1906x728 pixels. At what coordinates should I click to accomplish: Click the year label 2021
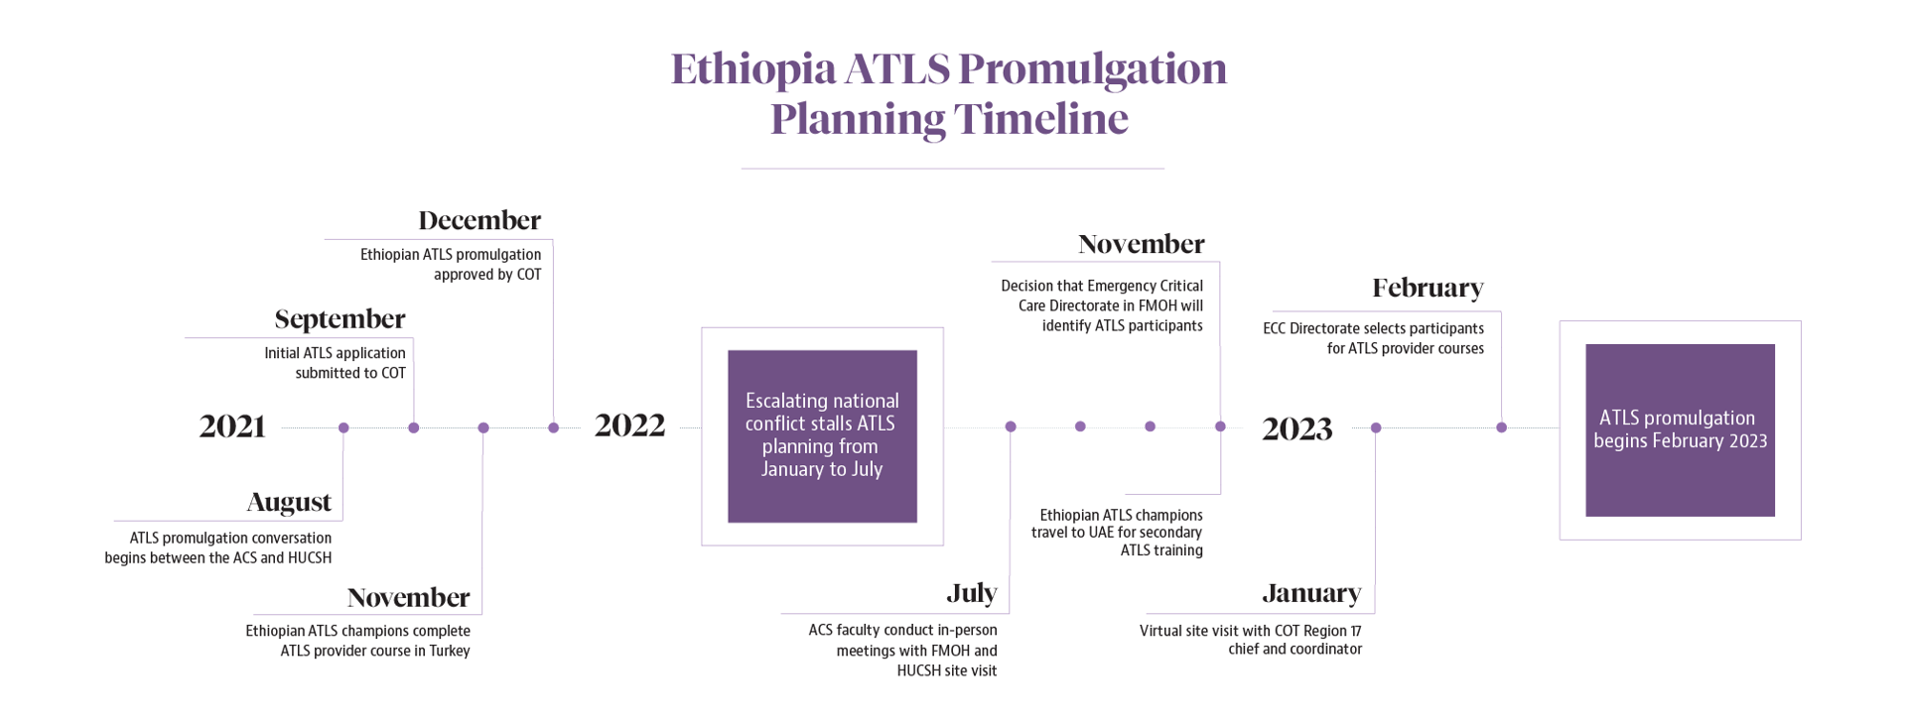(x=232, y=427)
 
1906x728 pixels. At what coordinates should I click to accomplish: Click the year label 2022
(x=629, y=426)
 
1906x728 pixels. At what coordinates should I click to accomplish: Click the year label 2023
(x=1296, y=429)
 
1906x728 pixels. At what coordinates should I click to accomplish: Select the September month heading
(x=340, y=319)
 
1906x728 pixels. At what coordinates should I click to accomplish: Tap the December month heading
(x=479, y=220)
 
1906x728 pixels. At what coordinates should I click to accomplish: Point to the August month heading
(x=289, y=503)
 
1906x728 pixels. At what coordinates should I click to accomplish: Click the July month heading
(x=971, y=594)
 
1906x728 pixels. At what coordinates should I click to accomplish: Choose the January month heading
(x=1311, y=594)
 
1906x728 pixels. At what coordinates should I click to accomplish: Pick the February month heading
(x=1428, y=289)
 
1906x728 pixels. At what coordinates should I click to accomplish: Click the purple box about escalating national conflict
(x=822, y=435)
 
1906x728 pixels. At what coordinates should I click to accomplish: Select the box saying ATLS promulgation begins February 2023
(x=1680, y=429)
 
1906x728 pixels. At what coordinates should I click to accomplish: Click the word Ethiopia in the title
(x=753, y=69)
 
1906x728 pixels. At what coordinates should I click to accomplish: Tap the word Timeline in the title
(x=1040, y=120)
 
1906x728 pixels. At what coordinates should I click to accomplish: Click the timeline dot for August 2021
(x=343, y=427)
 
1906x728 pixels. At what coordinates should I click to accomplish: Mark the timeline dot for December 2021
(x=553, y=427)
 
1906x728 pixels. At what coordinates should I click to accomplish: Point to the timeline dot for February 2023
(x=1501, y=427)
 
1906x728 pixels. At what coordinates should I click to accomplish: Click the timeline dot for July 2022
(x=1011, y=426)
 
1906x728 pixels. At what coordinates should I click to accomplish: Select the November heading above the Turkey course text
(x=408, y=598)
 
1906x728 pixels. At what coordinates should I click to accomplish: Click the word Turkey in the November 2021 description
(x=450, y=652)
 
